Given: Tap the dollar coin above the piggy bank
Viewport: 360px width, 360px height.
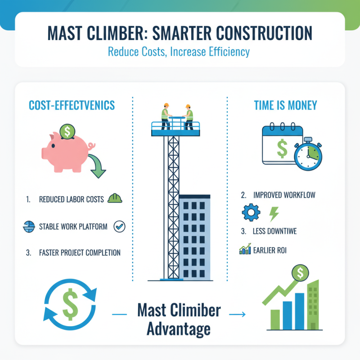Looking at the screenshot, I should (x=67, y=131).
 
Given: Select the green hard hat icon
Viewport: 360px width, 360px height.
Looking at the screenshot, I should (x=115, y=198).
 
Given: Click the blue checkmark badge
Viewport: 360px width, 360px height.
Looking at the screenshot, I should (x=120, y=226).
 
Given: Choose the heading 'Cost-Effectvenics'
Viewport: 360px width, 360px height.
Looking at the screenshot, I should (x=72, y=105).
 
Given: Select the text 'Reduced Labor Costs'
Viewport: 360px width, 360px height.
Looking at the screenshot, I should (x=71, y=199).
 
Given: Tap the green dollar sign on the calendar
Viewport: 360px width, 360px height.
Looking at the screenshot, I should (x=282, y=149).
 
